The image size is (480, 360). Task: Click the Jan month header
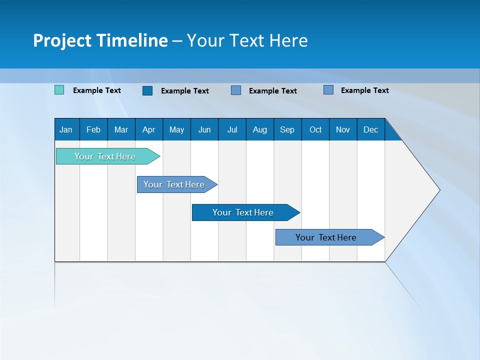point(66,129)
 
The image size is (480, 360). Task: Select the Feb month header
point(93,129)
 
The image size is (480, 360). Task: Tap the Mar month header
point(121,129)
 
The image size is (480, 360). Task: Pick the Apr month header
point(148,129)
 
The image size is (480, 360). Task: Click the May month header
point(176,129)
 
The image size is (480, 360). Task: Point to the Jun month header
point(204,129)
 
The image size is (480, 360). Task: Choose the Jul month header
point(232,129)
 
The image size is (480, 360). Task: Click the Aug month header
point(260,129)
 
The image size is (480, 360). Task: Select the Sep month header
point(287,129)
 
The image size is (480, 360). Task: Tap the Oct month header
point(315,129)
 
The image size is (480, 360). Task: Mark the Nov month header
point(343,129)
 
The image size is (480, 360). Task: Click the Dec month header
point(371,129)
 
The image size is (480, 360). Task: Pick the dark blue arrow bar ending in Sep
point(243,212)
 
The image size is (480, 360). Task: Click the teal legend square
point(59,90)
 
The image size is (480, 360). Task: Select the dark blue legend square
point(147,90)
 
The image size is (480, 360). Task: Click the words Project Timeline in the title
point(100,40)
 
